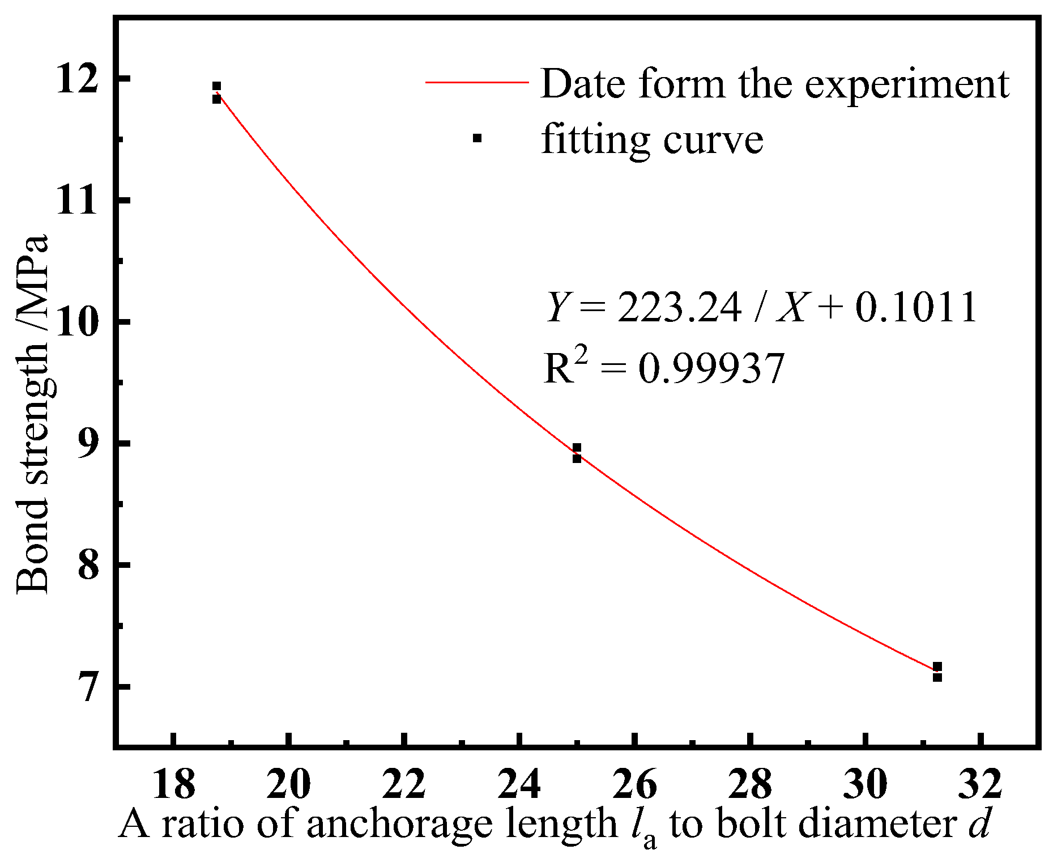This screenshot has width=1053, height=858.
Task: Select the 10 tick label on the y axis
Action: [x=77, y=321]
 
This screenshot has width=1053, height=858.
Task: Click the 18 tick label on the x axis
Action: [x=173, y=785]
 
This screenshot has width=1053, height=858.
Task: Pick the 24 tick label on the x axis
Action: [x=519, y=785]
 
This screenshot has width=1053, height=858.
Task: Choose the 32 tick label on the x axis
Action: [x=980, y=785]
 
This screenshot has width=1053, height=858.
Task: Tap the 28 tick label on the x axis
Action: [x=749, y=785]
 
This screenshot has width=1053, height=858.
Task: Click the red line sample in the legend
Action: [x=477, y=83]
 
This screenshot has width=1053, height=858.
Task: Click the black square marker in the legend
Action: [x=477, y=138]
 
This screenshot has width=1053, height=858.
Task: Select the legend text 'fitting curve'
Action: [x=652, y=139]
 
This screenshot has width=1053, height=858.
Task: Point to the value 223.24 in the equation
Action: [x=679, y=308]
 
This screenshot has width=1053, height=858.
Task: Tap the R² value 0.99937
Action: [x=711, y=369]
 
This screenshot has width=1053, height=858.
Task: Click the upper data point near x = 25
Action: [x=577, y=448]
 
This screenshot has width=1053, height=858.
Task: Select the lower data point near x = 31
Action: [x=937, y=677]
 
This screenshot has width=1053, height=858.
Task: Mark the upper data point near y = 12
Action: [x=216, y=87]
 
